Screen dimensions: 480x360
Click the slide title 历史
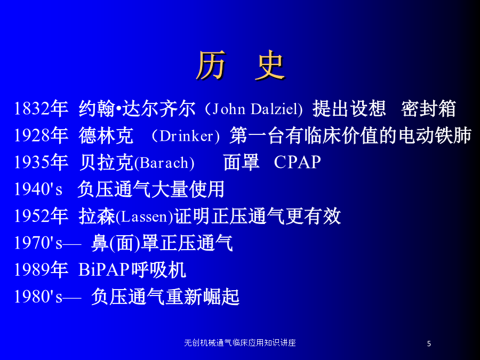coord(241,65)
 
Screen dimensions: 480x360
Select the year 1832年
coord(41,109)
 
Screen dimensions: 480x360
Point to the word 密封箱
coord(429,109)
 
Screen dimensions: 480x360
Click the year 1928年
coord(41,135)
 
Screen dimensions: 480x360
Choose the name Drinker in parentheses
coord(186,136)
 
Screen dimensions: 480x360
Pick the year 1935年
coord(41,162)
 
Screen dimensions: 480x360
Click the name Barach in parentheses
coord(164,163)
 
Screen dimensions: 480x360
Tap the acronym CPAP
coord(297,162)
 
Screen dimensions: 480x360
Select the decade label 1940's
coord(38,189)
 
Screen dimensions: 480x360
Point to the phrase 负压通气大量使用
coord(151,189)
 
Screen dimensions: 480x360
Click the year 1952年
coord(41,216)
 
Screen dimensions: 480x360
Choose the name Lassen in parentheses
coord(145,217)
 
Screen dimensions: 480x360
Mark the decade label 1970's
coord(38,243)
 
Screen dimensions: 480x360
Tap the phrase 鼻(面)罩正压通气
coord(162,243)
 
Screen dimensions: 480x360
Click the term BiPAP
coord(105,270)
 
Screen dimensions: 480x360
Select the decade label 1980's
coord(38,297)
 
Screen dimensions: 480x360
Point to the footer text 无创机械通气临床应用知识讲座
coord(240,343)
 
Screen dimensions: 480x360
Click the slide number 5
coord(429,344)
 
